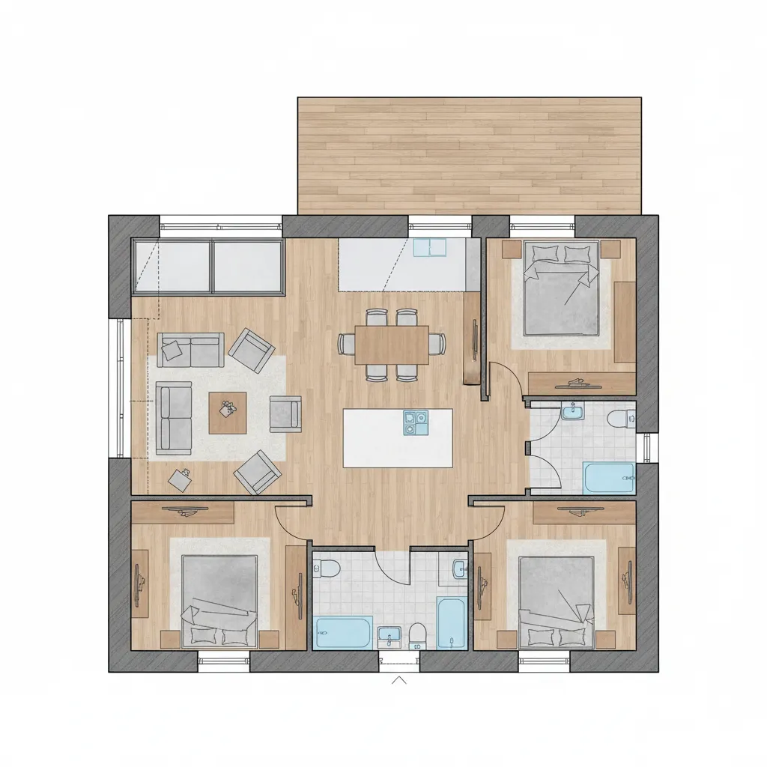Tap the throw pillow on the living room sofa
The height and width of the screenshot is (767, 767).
173,348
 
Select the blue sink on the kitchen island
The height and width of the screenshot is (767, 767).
416,422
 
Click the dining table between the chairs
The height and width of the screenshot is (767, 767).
392,345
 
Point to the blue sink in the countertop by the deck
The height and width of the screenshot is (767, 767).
429,247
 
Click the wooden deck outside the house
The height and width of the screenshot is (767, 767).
469,155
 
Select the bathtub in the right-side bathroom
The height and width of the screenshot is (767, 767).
608,477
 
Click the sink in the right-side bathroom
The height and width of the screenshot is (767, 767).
573,413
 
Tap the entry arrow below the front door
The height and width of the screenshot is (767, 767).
399,680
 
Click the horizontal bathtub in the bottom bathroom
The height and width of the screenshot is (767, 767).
343,633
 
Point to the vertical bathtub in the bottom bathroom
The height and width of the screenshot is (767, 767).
450,623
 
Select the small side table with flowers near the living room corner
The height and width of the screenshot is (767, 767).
180,479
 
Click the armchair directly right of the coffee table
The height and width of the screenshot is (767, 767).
285,414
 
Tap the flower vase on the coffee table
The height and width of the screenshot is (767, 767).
227,407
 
